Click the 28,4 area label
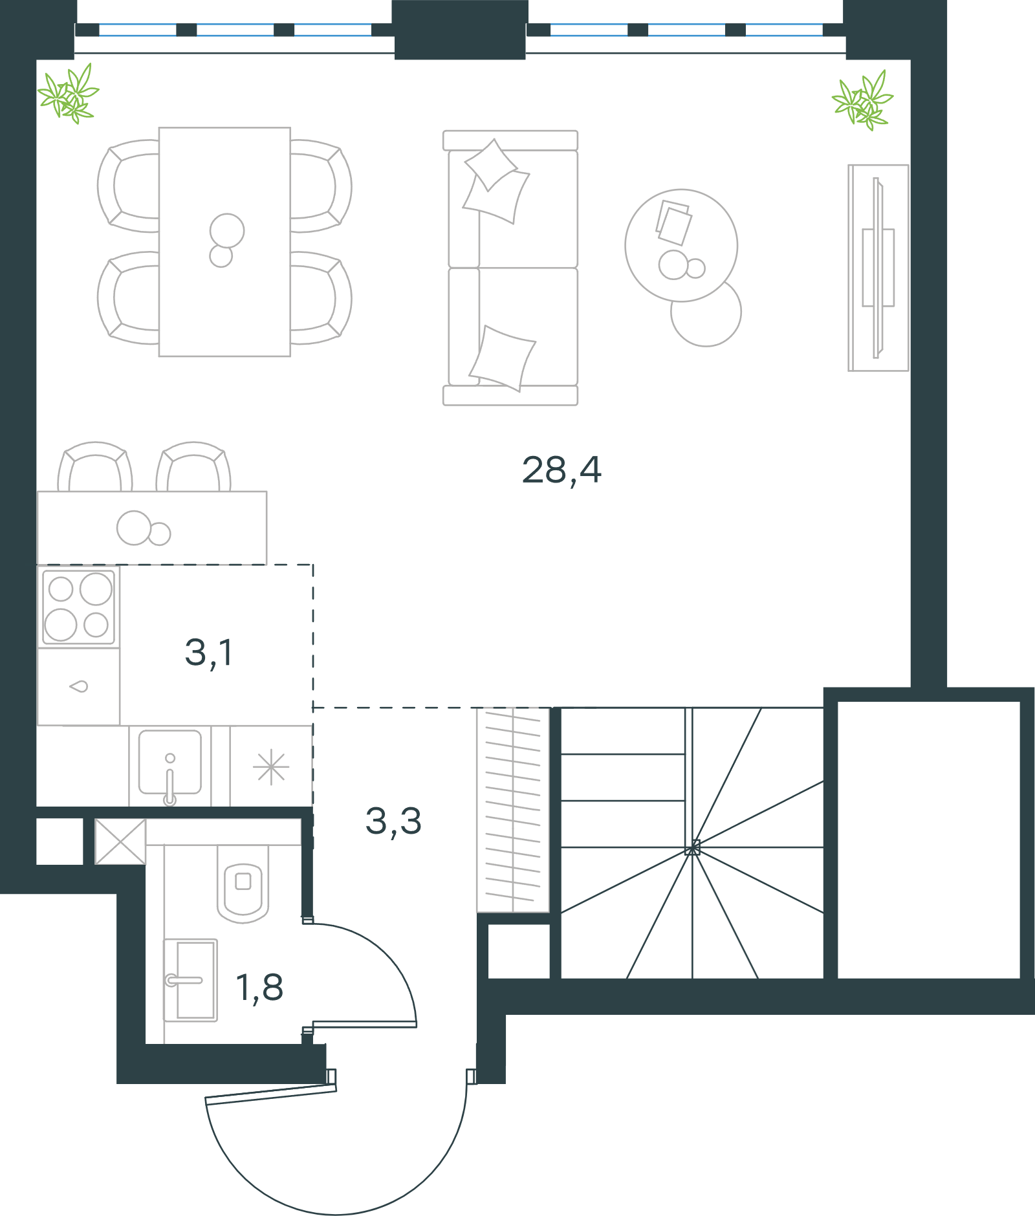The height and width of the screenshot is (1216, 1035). [561, 470]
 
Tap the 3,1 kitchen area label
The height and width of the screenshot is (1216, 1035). [209, 652]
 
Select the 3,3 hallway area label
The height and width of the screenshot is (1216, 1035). [393, 821]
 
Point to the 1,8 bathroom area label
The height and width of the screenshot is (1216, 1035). [259, 988]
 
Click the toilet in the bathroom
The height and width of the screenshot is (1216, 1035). [243, 884]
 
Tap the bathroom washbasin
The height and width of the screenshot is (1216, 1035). [190, 981]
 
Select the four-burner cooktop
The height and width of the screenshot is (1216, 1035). [78, 607]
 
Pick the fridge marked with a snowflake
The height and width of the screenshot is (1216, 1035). [271, 766]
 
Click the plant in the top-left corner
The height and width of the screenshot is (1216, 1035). [69, 94]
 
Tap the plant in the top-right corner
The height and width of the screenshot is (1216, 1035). [863, 100]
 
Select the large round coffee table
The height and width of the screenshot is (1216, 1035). [681, 245]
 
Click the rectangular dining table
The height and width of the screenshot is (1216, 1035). [224, 242]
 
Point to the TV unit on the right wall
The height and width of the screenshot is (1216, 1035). [878, 268]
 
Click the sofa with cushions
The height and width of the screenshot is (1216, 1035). [510, 268]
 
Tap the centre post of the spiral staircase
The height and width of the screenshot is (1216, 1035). [693, 847]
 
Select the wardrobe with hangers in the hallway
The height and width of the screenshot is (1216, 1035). [513, 810]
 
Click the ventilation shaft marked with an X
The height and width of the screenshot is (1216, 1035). [120, 841]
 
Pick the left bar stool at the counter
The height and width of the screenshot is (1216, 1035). [95, 466]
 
